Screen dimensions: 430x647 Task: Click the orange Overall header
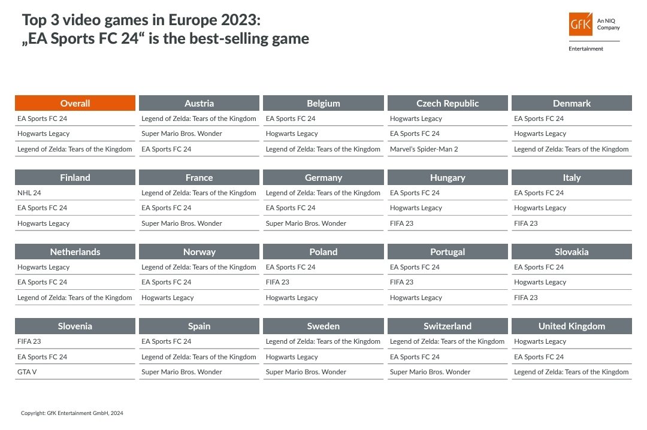coord(75,103)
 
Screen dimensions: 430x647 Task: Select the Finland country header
coord(75,177)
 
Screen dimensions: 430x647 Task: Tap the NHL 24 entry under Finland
coord(29,193)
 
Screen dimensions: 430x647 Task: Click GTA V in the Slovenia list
coord(28,372)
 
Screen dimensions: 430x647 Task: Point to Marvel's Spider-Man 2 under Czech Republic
coord(424,149)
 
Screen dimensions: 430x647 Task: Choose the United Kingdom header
coord(572,326)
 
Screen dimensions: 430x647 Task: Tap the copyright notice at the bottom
coord(72,413)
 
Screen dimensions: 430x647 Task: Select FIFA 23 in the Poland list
coord(277,282)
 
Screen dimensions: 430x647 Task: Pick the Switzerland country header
coord(448,326)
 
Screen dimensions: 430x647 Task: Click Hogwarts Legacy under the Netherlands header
coord(44,267)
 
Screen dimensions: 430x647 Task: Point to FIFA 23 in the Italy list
coord(526,223)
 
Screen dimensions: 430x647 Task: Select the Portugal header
coord(448,252)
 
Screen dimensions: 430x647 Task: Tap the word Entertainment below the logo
coord(586,49)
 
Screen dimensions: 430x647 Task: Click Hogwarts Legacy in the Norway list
coord(168,298)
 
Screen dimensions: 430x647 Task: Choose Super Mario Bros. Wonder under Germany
coord(306,223)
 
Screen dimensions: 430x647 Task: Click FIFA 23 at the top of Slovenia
coord(29,341)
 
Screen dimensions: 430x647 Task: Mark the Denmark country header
coord(572,103)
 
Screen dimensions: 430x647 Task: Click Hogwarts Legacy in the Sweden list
coord(292,357)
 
